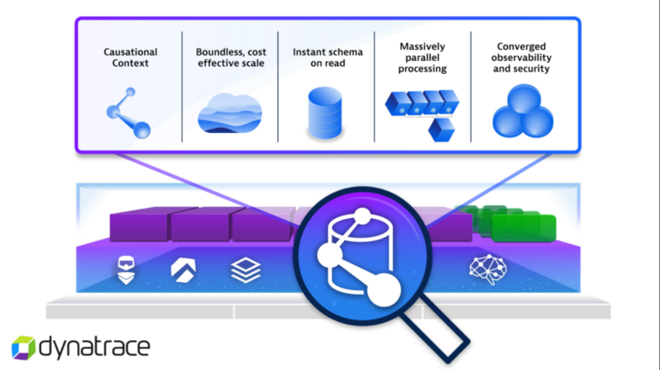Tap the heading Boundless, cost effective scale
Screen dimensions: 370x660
pyautogui.click(x=232, y=58)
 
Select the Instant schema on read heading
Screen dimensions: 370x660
pyautogui.click(x=327, y=58)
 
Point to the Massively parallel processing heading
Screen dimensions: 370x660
pyautogui.click(x=421, y=58)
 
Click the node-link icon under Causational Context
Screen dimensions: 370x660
pyautogui.click(x=128, y=112)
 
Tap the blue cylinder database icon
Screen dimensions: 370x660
pyautogui.click(x=324, y=114)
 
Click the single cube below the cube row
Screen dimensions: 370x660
pyautogui.click(x=441, y=130)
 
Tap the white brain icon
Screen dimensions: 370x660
pyautogui.click(x=487, y=270)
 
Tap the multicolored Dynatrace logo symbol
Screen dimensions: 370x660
pyautogui.click(x=23, y=348)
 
